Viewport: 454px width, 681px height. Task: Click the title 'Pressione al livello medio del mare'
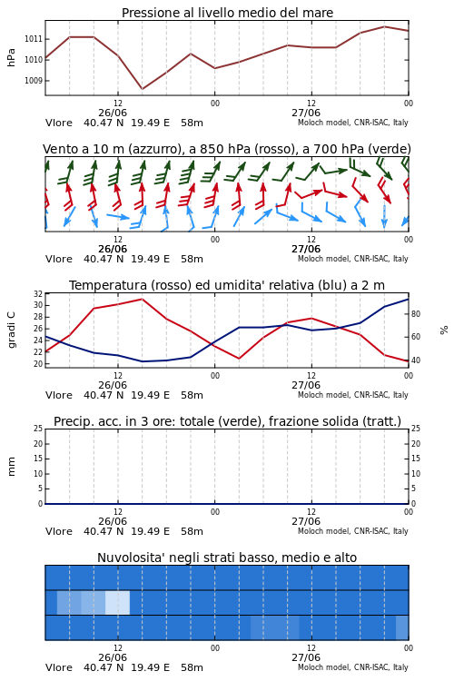tap(227, 13)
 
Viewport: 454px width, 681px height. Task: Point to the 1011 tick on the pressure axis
tap(34, 39)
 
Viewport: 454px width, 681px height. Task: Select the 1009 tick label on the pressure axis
tap(34, 80)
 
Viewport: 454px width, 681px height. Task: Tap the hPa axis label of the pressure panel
tap(11, 58)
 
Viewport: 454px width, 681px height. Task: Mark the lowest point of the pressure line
tap(142, 89)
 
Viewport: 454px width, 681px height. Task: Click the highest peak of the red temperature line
tap(142, 299)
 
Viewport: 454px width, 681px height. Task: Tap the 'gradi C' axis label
tap(11, 330)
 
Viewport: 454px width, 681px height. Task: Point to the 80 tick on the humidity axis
tap(416, 314)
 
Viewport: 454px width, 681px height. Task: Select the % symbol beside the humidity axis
tap(444, 331)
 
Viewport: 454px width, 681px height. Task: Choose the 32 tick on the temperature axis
tap(38, 293)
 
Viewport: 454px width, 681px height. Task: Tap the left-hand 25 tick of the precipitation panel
tap(38, 429)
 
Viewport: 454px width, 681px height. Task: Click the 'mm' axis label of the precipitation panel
tap(11, 467)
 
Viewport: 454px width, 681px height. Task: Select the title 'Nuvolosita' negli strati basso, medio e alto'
tap(227, 558)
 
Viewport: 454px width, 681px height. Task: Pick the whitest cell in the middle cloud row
tap(117, 602)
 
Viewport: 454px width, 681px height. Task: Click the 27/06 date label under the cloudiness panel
tap(306, 657)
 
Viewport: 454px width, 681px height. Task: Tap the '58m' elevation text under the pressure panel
tap(192, 123)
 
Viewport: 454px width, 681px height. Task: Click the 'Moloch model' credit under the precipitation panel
tap(323, 531)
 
